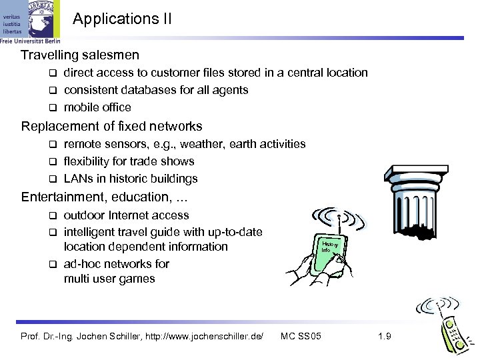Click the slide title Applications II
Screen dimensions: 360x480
[x=122, y=18]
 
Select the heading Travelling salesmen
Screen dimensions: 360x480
[x=80, y=54]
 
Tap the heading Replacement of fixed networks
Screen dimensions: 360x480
[x=111, y=126]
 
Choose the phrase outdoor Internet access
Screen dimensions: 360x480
[x=126, y=215]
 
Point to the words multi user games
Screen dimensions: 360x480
[x=109, y=279]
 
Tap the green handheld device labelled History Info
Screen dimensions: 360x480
[x=330, y=253]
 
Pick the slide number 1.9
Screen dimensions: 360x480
[x=385, y=336]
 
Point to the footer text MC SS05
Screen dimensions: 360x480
[x=301, y=336]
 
